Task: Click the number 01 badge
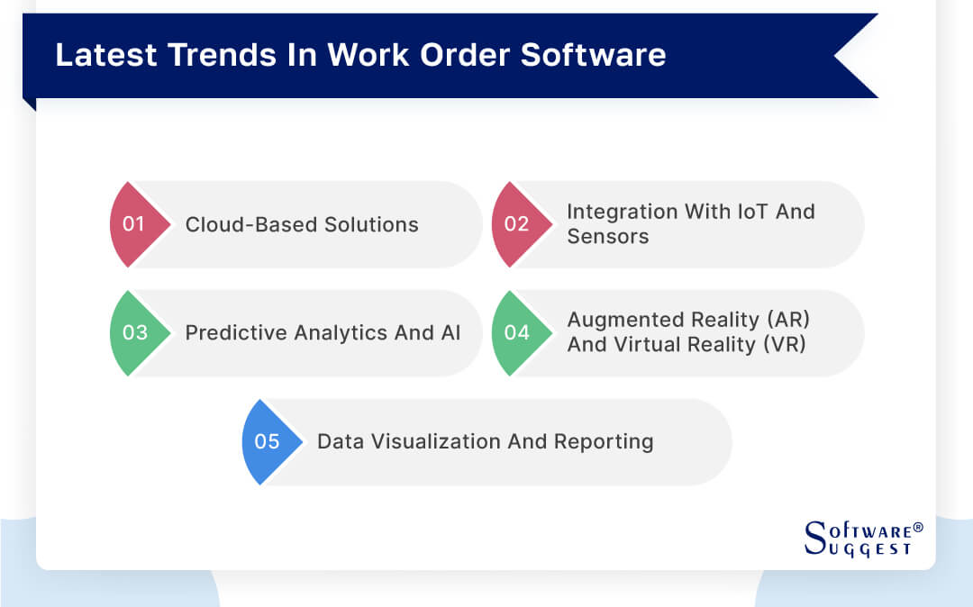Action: (x=135, y=224)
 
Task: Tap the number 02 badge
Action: (x=517, y=224)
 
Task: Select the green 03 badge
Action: (x=135, y=333)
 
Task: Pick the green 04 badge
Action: (x=517, y=333)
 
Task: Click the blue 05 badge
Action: (x=268, y=442)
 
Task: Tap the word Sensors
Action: (x=607, y=237)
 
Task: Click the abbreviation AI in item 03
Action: (x=450, y=333)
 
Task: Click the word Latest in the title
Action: (x=97, y=55)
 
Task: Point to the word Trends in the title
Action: (x=209, y=55)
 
